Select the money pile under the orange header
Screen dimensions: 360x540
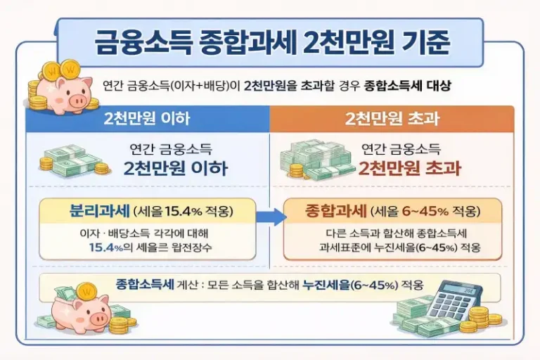tap(316, 162)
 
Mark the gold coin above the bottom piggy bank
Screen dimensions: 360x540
tap(86, 290)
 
